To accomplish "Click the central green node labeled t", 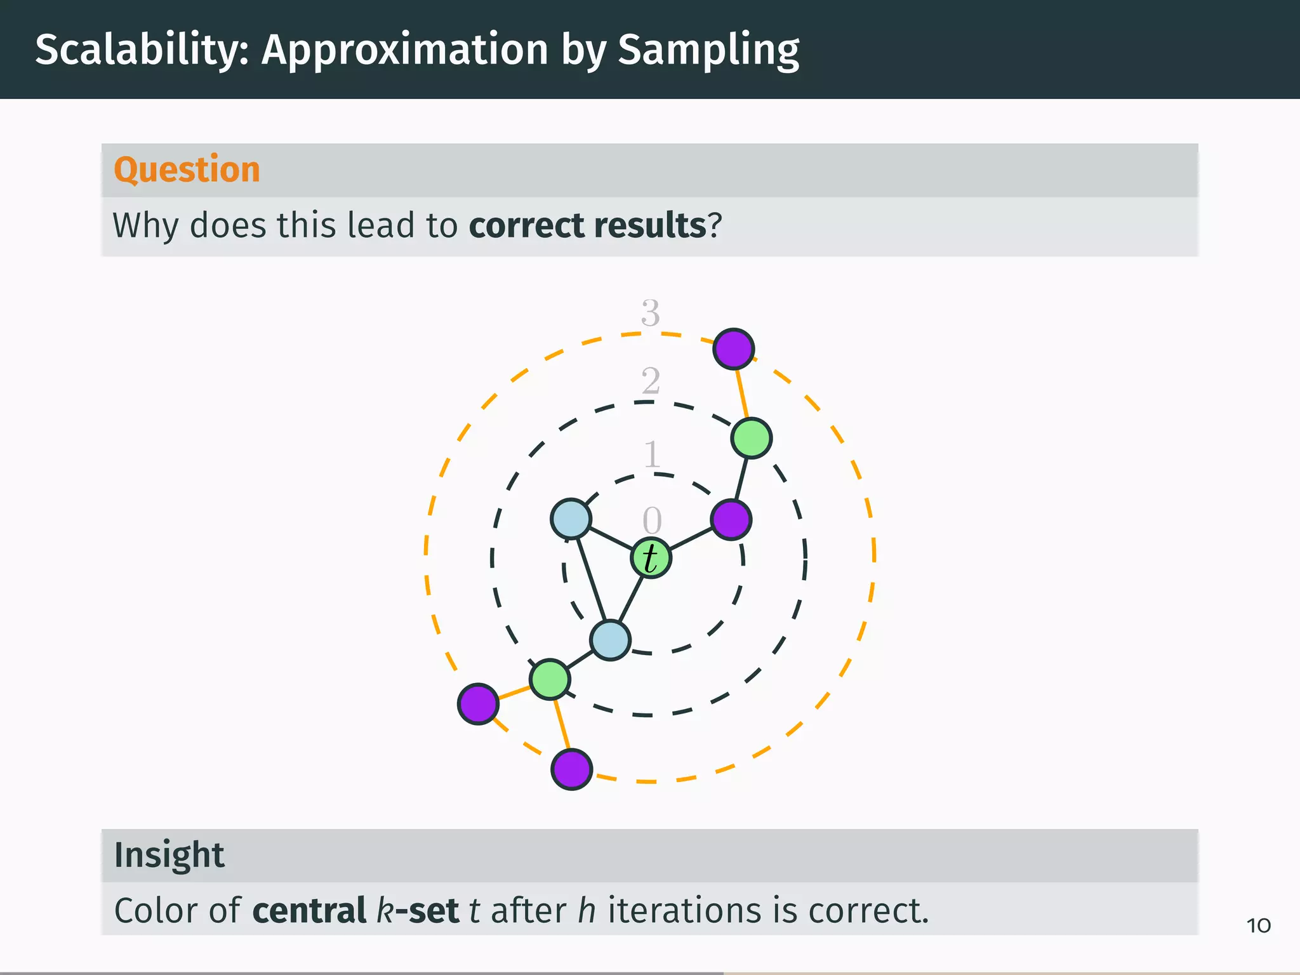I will (651, 558).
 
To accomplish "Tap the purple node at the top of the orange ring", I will (733, 348).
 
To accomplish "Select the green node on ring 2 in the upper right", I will (751, 438).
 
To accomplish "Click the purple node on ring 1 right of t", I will (731, 519).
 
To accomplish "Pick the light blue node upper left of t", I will (571, 519).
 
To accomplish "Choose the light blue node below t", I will (610, 640).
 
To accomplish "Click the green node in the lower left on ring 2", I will (550, 679).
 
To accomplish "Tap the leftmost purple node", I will (478, 703).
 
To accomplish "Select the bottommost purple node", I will (572, 769).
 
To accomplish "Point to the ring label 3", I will (650, 313).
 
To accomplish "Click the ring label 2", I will (650, 381).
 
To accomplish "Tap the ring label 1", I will (652, 454).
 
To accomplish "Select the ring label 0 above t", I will (652, 521).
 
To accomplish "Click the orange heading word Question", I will (187, 169).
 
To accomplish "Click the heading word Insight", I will (169, 854).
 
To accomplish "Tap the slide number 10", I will (1258, 925).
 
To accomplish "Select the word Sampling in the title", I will (708, 50).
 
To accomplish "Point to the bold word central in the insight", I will (309, 910).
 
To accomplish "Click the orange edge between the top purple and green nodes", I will (742, 394).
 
